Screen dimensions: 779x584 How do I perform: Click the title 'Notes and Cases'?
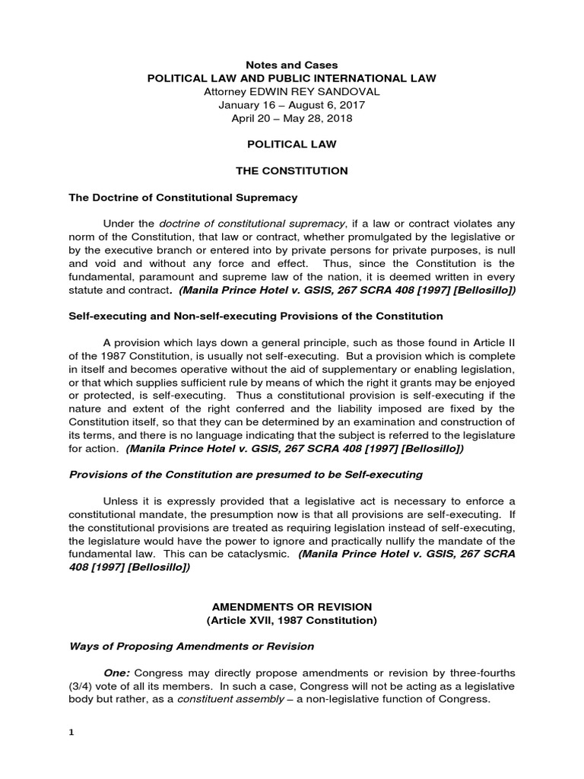(x=292, y=65)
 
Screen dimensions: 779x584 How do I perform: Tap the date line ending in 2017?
(x=292, y=105)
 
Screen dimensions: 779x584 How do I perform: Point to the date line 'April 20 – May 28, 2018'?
(x=292, y=118)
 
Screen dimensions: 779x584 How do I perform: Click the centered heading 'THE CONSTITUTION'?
(x=292, y=171)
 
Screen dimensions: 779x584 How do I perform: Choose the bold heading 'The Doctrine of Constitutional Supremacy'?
(x=183, y=197)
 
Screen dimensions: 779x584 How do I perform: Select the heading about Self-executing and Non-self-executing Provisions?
(x=255, y=315)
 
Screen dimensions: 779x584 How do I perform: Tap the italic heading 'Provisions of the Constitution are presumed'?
(x=246, y=474)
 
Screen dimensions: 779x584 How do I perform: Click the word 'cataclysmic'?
(x=259, y=554)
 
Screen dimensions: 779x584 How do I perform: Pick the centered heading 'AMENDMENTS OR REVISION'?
(x=292, y=606)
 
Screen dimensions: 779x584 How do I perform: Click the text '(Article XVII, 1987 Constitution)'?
(x=292, y=620)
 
